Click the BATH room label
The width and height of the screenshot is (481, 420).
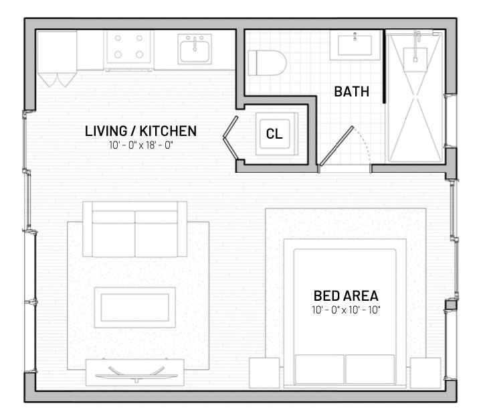(351, 92)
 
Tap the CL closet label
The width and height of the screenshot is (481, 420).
(274, 133)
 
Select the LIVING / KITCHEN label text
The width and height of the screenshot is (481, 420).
(140, 131)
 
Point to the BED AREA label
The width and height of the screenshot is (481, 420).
(346, 295)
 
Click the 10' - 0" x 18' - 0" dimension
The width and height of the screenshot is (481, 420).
(140, 145)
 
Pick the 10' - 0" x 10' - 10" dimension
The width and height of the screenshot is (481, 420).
(346, 310)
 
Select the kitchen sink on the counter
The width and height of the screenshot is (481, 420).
(195, 50)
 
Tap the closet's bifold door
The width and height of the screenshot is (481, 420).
(230, 137)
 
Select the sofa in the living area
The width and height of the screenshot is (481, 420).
(135, 230)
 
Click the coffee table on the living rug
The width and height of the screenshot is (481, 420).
(134, 307)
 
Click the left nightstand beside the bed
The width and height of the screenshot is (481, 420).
(264, 372)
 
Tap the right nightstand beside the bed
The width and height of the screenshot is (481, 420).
(425, 372)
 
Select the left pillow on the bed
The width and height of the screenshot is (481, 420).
(319, 369)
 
